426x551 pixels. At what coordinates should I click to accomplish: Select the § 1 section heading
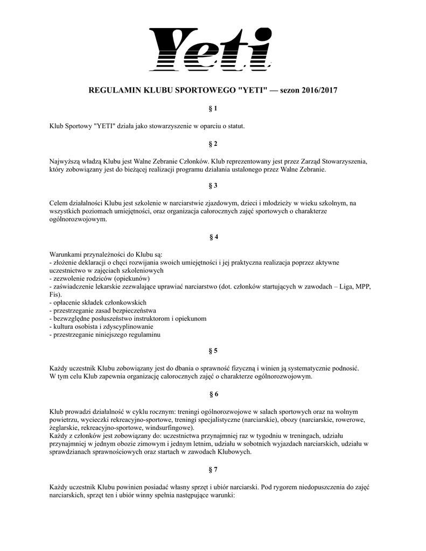point(213,109)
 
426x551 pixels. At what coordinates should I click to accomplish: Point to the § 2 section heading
point(213,144)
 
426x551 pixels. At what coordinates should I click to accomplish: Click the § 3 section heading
point(213,186)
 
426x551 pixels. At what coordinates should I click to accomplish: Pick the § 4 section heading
point(213,237)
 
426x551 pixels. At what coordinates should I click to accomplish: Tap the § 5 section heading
point(213,351)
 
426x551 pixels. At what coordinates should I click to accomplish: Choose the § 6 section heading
point(213,394)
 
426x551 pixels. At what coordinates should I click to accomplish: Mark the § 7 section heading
point(213,469)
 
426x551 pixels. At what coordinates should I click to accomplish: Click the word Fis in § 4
point(54,295)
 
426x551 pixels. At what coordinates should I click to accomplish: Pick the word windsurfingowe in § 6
point(169,428)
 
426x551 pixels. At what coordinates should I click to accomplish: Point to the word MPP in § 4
point(363,287)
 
